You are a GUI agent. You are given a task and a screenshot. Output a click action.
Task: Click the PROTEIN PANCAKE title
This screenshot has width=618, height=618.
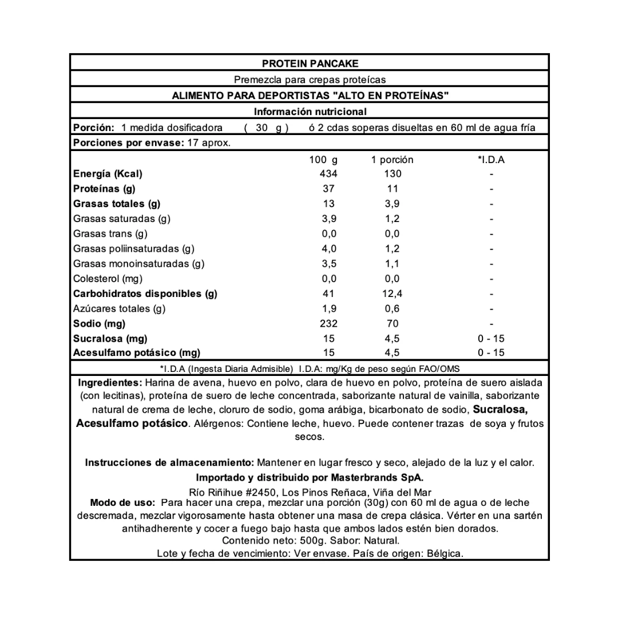pos(310,64)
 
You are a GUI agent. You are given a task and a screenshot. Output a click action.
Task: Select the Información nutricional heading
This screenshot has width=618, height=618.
pos(310,112)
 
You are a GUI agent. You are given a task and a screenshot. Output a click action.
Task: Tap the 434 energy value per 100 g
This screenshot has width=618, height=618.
pos(328,174)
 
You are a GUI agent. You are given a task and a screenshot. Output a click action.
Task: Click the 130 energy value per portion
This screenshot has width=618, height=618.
pos(393,174)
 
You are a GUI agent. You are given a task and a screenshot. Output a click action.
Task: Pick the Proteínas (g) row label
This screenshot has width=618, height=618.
pos(105,189)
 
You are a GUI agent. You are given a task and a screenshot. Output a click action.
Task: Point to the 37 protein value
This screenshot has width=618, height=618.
pos(328,189)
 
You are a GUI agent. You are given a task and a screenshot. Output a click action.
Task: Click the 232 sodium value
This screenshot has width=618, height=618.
pos(328,324)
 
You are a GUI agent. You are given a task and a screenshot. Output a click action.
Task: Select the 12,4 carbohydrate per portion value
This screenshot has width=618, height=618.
pos(393,294)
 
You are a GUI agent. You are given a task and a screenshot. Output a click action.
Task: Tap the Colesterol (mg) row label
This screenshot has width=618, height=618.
pos(108,279)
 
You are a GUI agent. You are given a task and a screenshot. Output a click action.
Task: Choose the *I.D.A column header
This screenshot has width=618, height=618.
pos(491,160)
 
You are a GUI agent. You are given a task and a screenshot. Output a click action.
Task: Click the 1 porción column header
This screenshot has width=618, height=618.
pos(393,160)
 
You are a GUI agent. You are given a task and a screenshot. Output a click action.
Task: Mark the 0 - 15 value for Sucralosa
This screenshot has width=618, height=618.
pos(491,339)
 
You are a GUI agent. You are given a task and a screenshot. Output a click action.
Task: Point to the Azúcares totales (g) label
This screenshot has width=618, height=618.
pos(119,309)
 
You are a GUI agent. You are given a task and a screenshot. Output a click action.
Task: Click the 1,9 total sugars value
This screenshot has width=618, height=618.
pos(328,309)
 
